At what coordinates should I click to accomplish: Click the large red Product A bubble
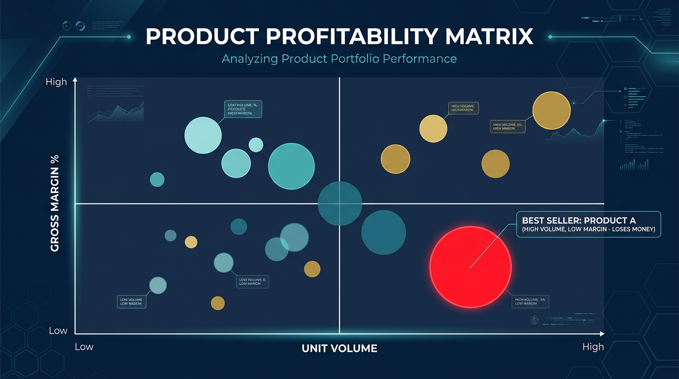pyautogui.click(x=470, y=267)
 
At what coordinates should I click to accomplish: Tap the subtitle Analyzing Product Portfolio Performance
pyautogui.click(x=339, y=59)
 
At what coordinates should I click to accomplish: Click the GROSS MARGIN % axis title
pyautogui.click(x=55, y=203)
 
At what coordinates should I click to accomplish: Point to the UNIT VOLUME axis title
pyautogui.click(x=339, y=348)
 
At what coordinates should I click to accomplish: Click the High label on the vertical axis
pyautogui.click(x=56, y=82)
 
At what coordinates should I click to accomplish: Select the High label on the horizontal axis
pyautogui.click(x=593, y=347)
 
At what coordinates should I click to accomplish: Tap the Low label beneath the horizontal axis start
pyautogui.click(x=84, y=347)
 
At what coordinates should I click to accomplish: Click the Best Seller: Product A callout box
pyautogui.click(x=588, y=225)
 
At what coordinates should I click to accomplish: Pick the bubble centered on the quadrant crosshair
pyautogui.click(x=339, y=203)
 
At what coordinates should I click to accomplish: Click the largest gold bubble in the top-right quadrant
pyautogui.click(x=551, y=111)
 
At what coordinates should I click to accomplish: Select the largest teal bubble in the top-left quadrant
pyautogui.click(x=291, y=166)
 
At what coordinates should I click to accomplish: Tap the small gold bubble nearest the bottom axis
pyautogui.click(x=218, y=303)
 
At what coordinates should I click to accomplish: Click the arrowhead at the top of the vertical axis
pyautogui.click(x=75, y=79)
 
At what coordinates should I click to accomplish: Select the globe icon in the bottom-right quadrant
pyautogui.click(x=534, y=320)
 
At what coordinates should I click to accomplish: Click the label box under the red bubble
pyautogui.click(x=531, y=301)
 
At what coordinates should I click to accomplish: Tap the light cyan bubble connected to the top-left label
pyautogui.click(x=203, y=135)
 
